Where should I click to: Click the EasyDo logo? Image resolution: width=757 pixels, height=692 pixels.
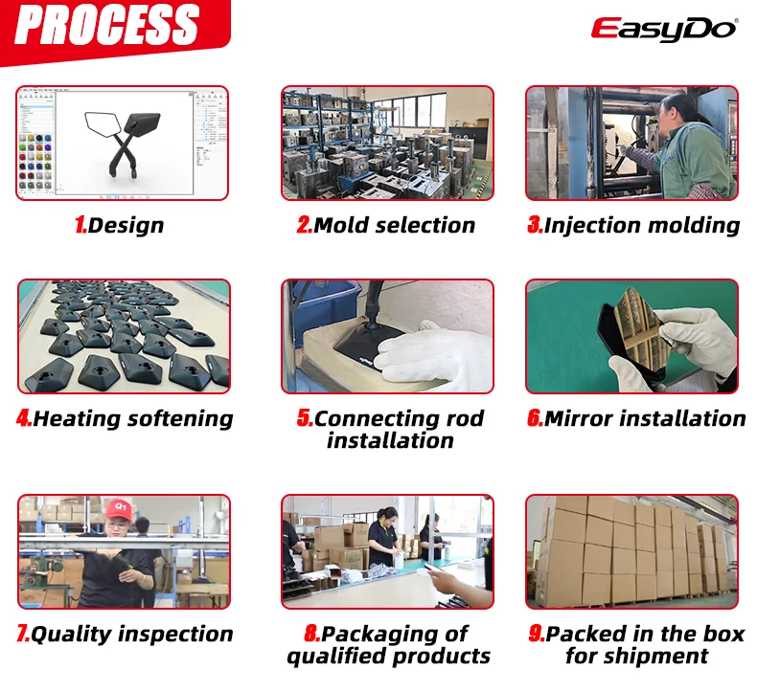coord(663,28)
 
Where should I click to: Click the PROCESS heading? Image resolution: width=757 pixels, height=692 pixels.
coord(106,27)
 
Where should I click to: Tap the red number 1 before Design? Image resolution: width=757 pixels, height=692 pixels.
coord(80,226)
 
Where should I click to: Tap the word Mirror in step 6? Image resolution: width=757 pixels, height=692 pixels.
coord(579,419)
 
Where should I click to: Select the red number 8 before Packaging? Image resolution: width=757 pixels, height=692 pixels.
coord(311,635)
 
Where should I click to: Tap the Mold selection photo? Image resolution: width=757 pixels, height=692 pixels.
coord(387,143)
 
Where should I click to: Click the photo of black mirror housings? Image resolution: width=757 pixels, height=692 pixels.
coord(124,336)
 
